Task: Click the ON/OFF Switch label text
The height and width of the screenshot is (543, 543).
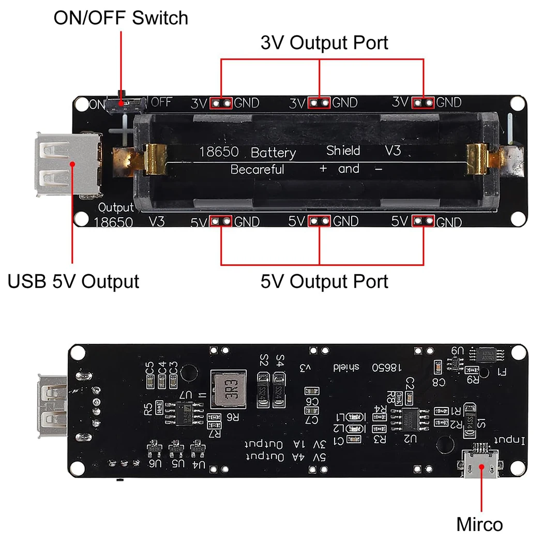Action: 120,18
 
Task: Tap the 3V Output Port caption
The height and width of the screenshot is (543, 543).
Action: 324,42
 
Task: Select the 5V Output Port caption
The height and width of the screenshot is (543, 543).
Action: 324,281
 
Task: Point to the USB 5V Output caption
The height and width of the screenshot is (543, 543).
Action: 73,281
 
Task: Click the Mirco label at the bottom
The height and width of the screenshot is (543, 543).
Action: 479,524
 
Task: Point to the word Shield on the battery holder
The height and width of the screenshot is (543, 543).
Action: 343,150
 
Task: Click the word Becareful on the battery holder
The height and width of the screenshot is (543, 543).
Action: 257,169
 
